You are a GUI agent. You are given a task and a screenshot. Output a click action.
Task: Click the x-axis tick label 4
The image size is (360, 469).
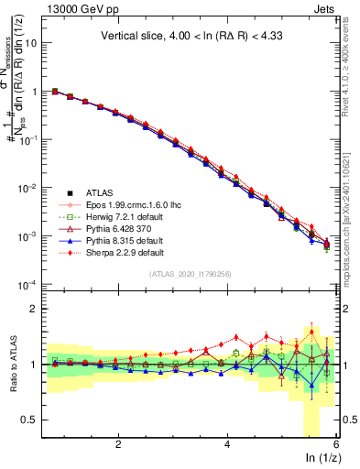tap(227, 443)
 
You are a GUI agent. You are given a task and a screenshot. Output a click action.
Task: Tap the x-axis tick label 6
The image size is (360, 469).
tap(336, 443)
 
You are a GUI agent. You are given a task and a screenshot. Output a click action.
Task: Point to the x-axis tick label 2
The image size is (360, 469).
tap(118, 443)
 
